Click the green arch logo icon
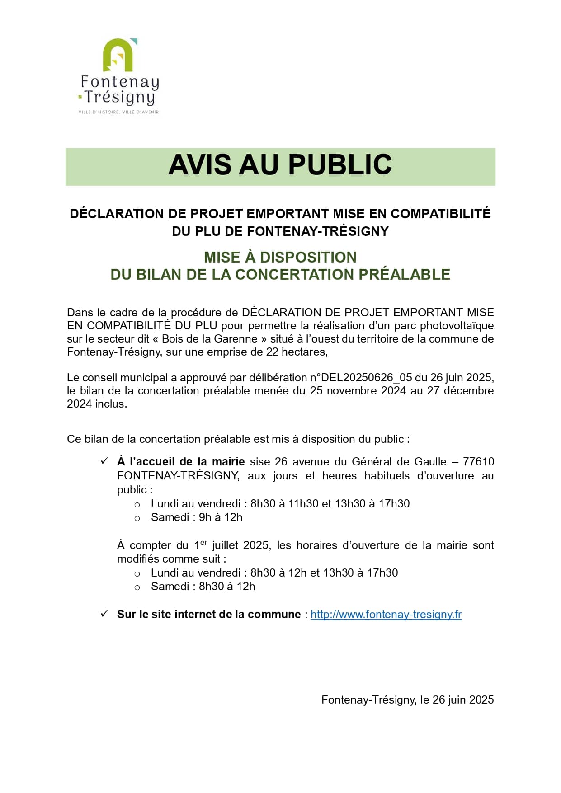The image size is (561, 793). [x=118, y=55]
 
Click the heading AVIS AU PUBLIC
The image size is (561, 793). [x=280, y=165]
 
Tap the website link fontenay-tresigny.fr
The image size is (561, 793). [x=386, y=615]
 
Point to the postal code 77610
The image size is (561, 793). [x=478, y=462]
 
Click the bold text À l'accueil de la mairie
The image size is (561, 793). [x=181, y=462]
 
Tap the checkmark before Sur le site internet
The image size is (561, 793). [x=104, y=614]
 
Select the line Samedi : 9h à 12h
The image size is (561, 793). [x=197, y=517]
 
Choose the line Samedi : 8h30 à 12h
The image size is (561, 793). [x=203, y=587]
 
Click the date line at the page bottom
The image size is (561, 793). [x=407, y=700]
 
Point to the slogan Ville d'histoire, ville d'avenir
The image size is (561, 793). [x=118, y=112]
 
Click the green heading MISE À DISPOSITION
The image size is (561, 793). [x=280, y=258]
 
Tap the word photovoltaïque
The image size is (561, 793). [x=457, y=326]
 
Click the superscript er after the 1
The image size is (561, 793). [x=203, y=542]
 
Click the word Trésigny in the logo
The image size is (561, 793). [x=120, y=97]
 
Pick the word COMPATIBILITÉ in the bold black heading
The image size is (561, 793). [x=440, y=214]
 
